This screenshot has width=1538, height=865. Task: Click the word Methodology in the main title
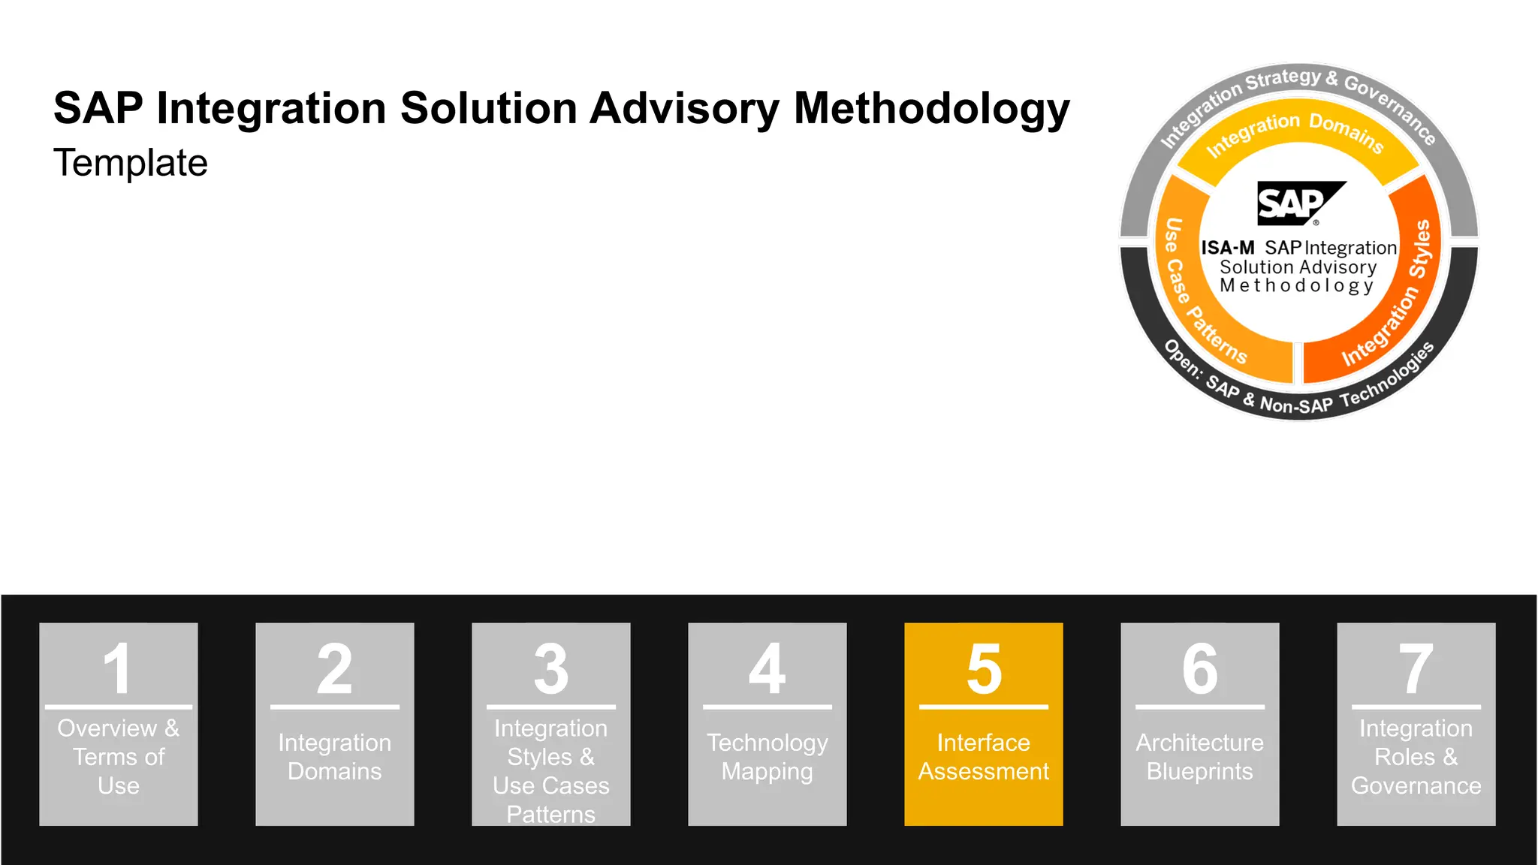tap(931, 109)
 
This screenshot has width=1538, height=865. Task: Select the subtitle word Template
tap(131, 163)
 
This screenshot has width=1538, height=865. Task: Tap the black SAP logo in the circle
tap(1301, 203)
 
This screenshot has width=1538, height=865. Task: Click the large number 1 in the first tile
tap(119, 668)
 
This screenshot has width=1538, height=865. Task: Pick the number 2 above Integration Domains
tap(335, 668)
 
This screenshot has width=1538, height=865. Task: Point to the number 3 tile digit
tap(551, 668)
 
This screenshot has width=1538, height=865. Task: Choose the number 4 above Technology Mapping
tap(767, 668)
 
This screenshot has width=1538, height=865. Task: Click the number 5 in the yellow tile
tap(984, 668)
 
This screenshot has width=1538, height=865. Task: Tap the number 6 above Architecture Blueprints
tap(1200, 668)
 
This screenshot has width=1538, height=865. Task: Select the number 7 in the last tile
tap(1416, 668)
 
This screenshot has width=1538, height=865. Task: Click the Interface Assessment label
tap(984, 757)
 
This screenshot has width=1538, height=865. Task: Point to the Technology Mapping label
tap(767, 757)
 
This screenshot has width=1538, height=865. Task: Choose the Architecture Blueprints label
tap(1200, 757)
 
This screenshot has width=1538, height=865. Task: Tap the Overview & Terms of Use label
tap(119, 757)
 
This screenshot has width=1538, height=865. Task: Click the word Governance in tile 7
tap(1416, 786)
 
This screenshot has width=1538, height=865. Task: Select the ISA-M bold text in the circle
tap(1228, 248)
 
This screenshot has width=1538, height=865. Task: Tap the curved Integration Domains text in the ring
tap(1295, 133)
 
